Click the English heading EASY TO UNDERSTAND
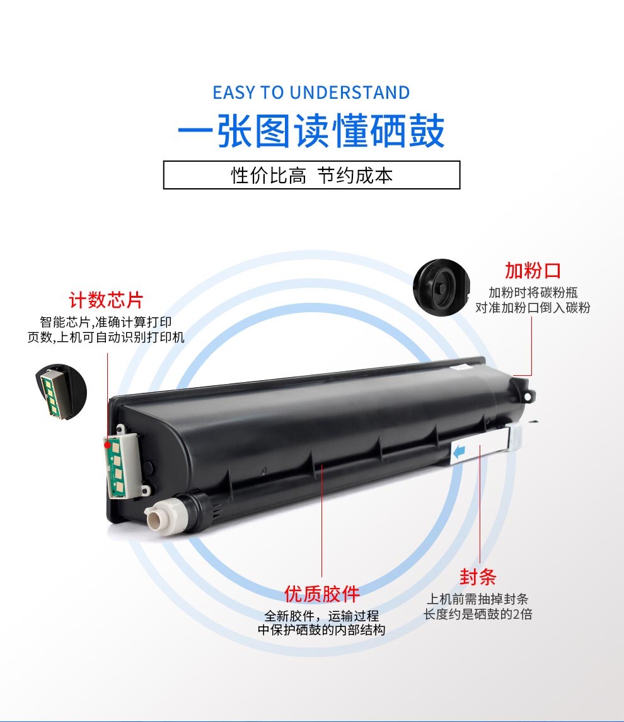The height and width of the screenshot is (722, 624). (x=311, y=93)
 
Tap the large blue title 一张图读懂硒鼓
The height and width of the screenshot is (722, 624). (x=311, y=131)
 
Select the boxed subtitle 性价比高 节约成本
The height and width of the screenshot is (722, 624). (x=312, y=175)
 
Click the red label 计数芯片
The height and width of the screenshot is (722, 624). (x=106, y=300)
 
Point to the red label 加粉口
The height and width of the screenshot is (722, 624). (x=533, y=270)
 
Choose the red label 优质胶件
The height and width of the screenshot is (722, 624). (x=321, y=594)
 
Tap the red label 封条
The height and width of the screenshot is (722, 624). (x=478, y=577)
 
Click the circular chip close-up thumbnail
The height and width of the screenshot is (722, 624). (x=61, y=392)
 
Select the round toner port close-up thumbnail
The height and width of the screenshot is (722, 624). (x=441, y=287)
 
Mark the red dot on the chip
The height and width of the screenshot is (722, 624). (x=107, y=445)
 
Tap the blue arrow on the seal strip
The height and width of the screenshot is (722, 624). (x=459, y=453)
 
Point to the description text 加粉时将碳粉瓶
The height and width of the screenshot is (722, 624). (x=533, y=293)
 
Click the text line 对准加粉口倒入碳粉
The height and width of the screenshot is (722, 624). (x=533, y=308)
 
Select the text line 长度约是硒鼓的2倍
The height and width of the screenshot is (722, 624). (x=478, y=614)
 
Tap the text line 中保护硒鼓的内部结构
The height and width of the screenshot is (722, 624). (x=321, y=630)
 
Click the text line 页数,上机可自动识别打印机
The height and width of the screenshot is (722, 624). (x=106, y=337)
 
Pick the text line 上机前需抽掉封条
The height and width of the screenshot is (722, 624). (x=478, y=599)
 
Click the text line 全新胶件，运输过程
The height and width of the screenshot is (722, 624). (x=321, y=616)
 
